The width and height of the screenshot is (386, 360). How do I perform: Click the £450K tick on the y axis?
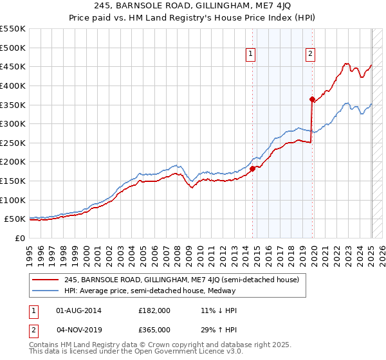point(13,66)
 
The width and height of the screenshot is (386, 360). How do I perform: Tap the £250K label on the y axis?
point(13,143)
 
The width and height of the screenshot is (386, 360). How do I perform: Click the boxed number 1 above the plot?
point(250,55)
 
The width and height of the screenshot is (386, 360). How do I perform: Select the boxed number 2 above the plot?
point(310,55)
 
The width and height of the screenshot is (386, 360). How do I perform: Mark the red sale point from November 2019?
point(312,99)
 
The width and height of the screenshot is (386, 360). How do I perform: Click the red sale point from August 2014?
point(253,168)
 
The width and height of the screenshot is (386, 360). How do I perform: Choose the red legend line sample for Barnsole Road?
point(46,280)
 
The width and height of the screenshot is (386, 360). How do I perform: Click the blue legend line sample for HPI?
point(46,290)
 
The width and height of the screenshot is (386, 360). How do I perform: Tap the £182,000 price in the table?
point(154,310)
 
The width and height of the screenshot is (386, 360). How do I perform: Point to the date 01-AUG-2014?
point(79,310)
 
